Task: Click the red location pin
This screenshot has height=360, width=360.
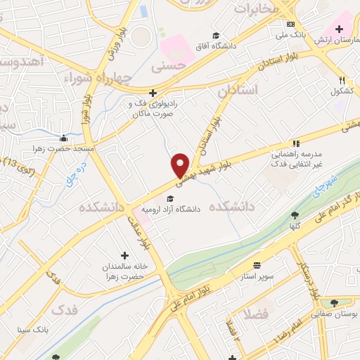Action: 181,165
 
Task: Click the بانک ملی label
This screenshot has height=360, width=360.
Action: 290,34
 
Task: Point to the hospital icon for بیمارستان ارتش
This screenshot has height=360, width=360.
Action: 339,29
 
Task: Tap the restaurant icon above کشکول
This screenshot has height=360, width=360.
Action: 342,80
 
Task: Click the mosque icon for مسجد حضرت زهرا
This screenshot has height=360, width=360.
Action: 63,138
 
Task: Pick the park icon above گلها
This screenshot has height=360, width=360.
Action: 294,216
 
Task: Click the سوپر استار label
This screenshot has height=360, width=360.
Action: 258,276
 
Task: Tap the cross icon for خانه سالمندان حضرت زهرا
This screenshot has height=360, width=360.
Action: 125,255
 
